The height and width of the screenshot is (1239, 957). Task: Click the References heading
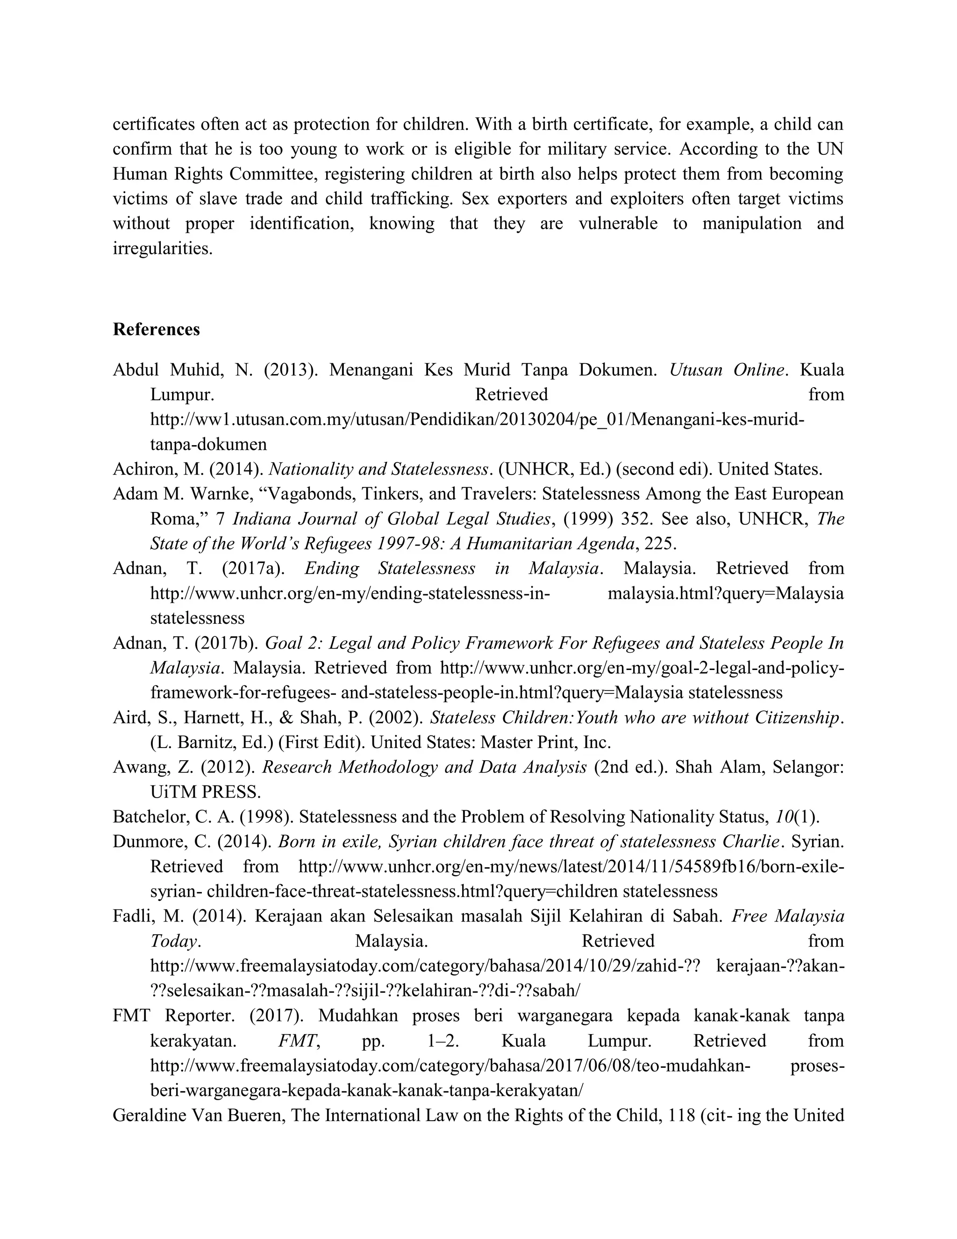click(x=156, y=330)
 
